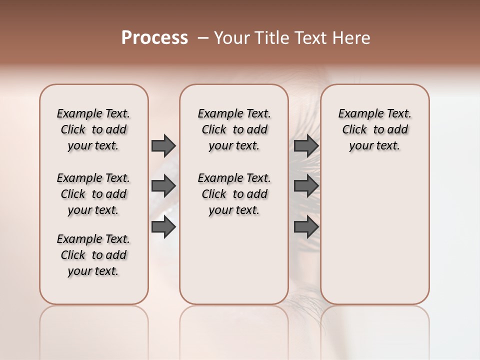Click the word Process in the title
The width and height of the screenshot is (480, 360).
[x=154, y=38]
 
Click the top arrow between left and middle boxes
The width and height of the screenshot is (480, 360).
[x=163, y=145]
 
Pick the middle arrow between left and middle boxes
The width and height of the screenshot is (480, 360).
[x=163, y=186]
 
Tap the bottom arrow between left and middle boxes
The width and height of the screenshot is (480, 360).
[x=163, y=227]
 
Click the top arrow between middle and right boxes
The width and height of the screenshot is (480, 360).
[x=306, y=145]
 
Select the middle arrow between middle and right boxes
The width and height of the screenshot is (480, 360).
[x=306, y=186]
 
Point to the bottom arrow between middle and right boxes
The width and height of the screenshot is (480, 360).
[x=306, y=227]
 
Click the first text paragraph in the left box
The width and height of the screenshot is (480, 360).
[x=93, y=129]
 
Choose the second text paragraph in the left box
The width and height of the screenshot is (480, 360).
[x=93, y=194]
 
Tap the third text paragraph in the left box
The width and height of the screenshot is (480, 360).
[x=93, y=255]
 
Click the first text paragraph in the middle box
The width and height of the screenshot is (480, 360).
[x=234, y=129]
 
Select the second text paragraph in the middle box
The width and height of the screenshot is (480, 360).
[x=234, y=194]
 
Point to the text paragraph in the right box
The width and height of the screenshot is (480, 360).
[x=375, y=129]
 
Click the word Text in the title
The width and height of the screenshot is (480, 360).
[x=311, y=38]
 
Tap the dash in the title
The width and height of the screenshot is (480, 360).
[x=202, y=38]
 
